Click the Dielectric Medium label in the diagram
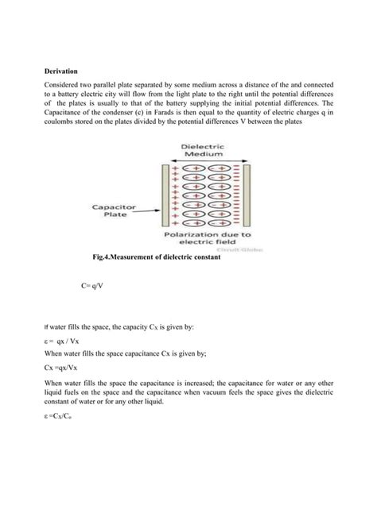203,151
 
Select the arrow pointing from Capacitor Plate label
149,208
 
